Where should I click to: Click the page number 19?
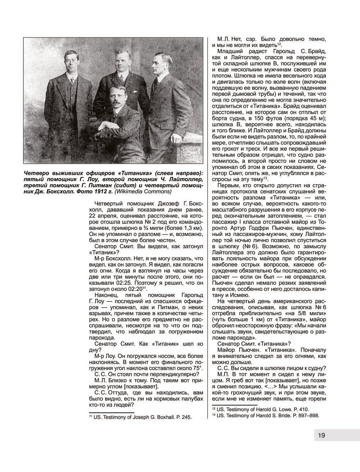point(321,435)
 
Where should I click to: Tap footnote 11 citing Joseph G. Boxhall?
point(140,417)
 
